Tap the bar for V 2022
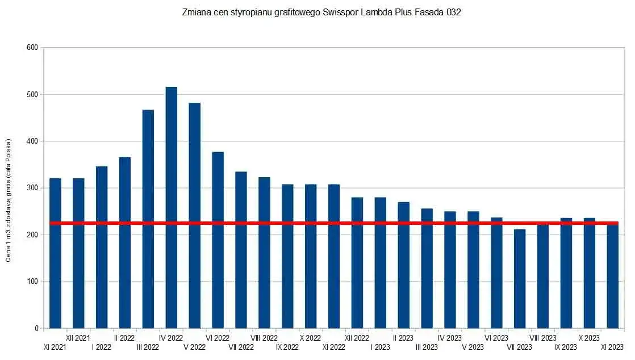click(x=194, y=216)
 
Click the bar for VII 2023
click(x=520, y=279)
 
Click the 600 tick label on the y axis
click(x=32, y=48)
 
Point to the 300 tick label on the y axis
click(x=32, y=188)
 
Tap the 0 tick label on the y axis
click(x=35, y=328)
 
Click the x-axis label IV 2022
click(x=171, y=338)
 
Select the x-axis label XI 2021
click(x=55, y=347)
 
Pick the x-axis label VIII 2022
click(x=264, y=338)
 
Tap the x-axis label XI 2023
click(x=612, y=347)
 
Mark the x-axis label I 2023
click(x=380, y=347)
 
